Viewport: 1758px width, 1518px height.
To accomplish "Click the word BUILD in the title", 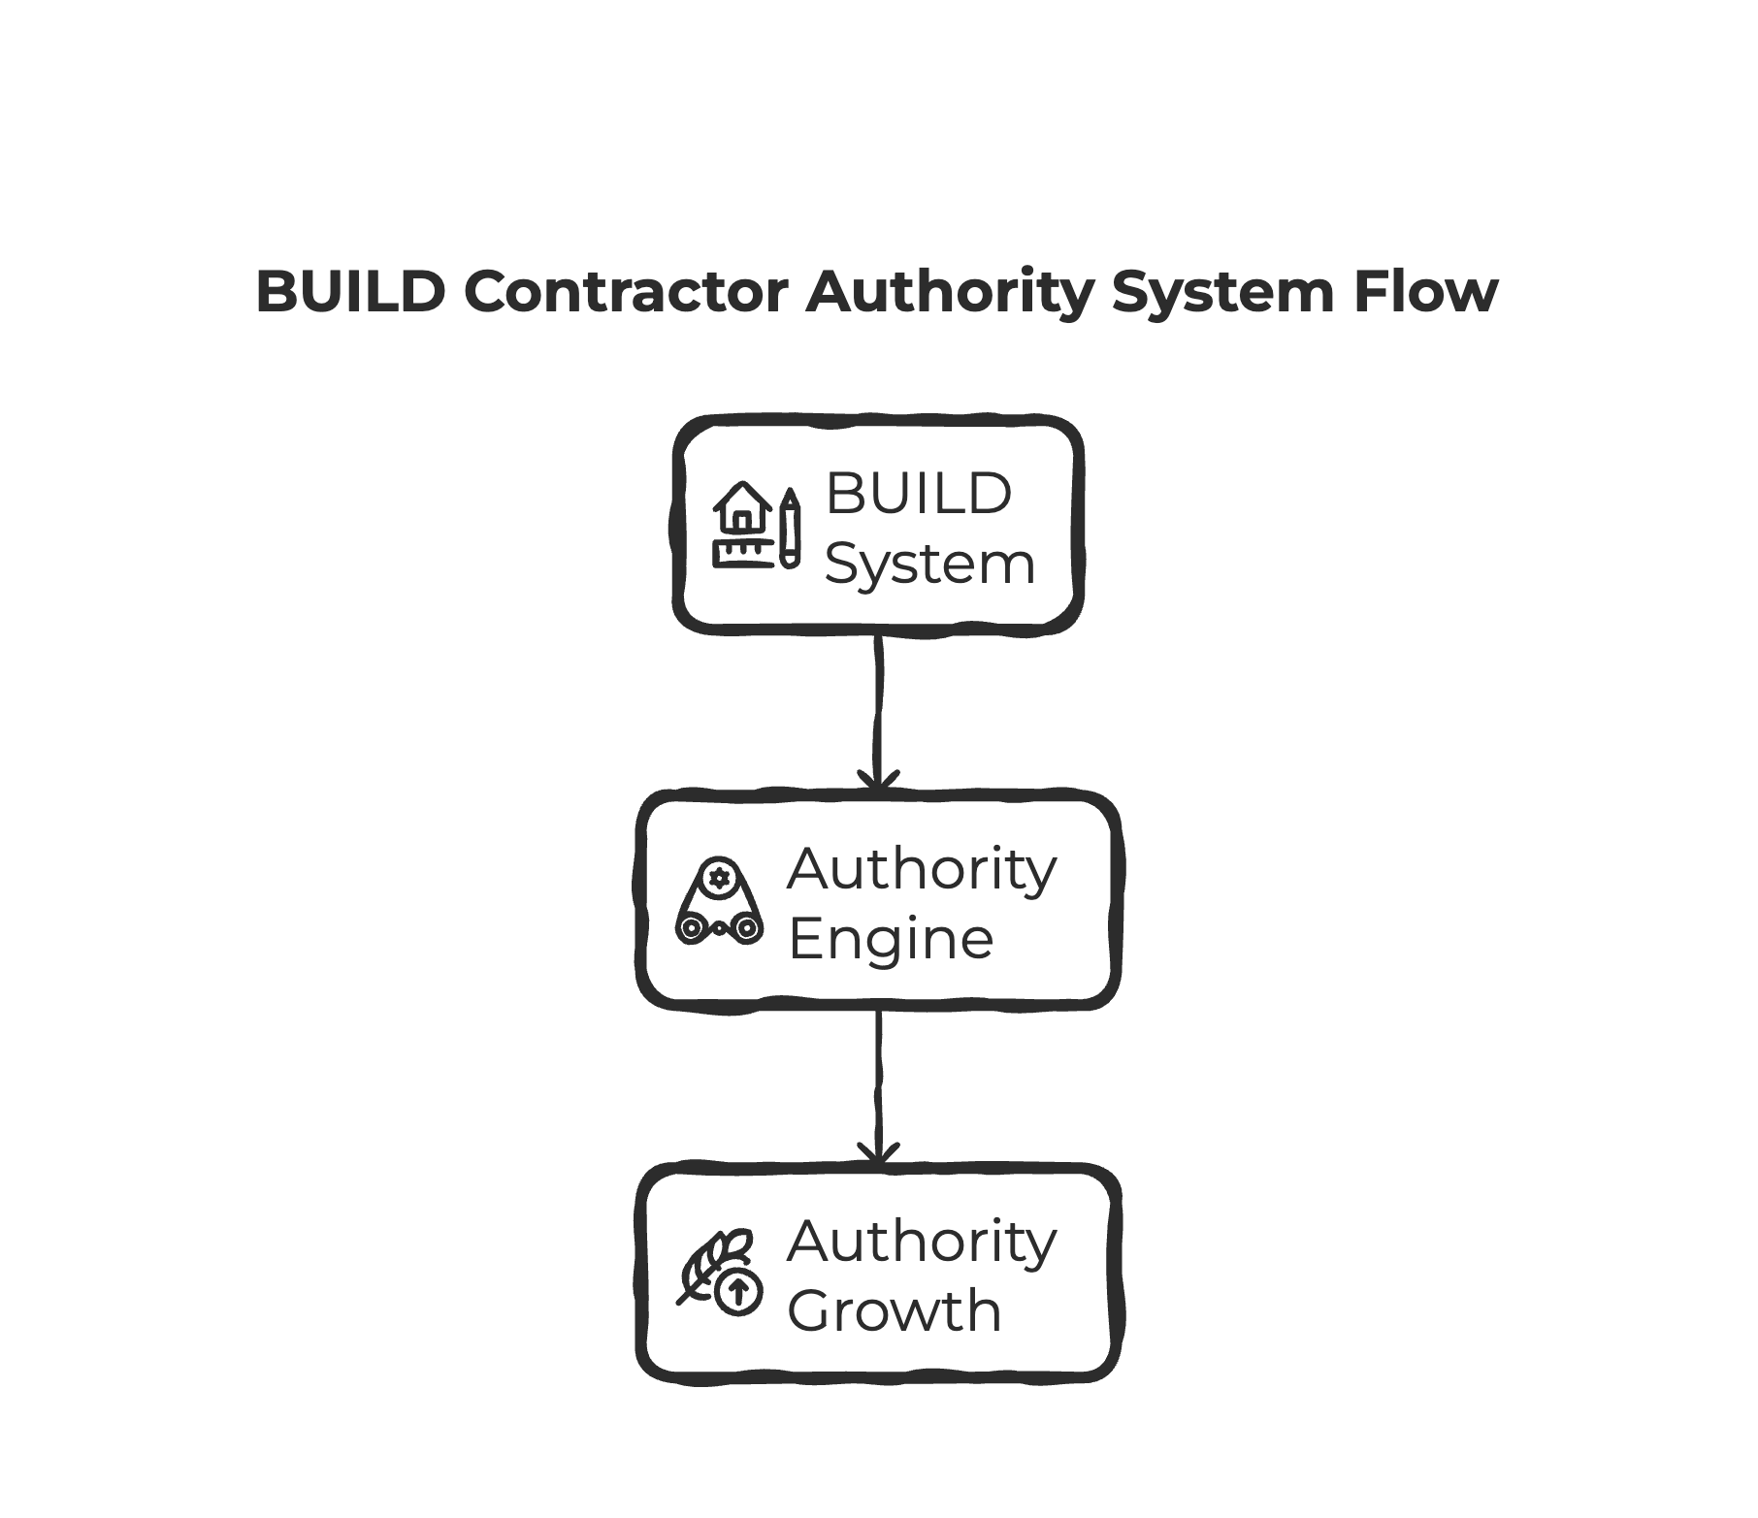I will [350, 291].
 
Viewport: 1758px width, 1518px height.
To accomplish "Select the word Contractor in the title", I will [626, 291].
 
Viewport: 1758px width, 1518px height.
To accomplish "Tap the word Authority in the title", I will [949, 291].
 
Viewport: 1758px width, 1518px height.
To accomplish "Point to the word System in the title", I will [1223, 291].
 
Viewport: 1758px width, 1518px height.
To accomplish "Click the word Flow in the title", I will [1425, 291].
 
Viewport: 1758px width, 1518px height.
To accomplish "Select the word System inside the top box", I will [928, 565].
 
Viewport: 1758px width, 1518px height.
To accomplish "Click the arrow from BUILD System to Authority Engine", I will [878, 708].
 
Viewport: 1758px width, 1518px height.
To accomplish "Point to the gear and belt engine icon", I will [719, 900].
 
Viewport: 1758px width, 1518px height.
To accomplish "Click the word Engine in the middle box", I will [891, 939].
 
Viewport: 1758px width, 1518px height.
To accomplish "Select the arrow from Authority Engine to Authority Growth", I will [878, 1082].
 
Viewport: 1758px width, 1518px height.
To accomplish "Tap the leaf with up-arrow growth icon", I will [719, 1272].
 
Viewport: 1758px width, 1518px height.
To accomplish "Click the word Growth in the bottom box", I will [894, 1310].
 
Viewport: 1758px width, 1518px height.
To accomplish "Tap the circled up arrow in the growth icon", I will [738, 1291].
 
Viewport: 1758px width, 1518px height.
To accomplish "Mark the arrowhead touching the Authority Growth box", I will [878, 1155].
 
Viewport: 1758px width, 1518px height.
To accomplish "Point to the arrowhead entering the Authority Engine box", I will [878, 781].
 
